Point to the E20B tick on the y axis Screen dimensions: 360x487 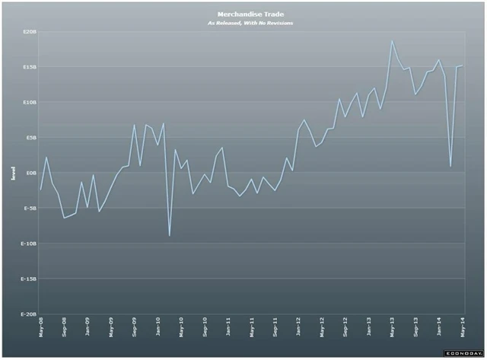click(29, 32)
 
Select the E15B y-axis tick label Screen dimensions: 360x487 click(29, 67)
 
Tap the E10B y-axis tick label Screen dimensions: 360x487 click(29, 102)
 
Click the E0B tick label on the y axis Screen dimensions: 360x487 click(30, 173)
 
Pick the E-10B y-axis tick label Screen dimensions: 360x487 click(28, 244)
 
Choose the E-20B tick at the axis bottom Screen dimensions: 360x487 click(28, 314)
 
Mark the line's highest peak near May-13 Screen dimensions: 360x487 click(392, 40)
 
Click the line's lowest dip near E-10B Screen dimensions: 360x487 click(169, 236)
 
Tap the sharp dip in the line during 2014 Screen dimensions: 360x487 click(450, 166)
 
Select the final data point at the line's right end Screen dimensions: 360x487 click(463, 66)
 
